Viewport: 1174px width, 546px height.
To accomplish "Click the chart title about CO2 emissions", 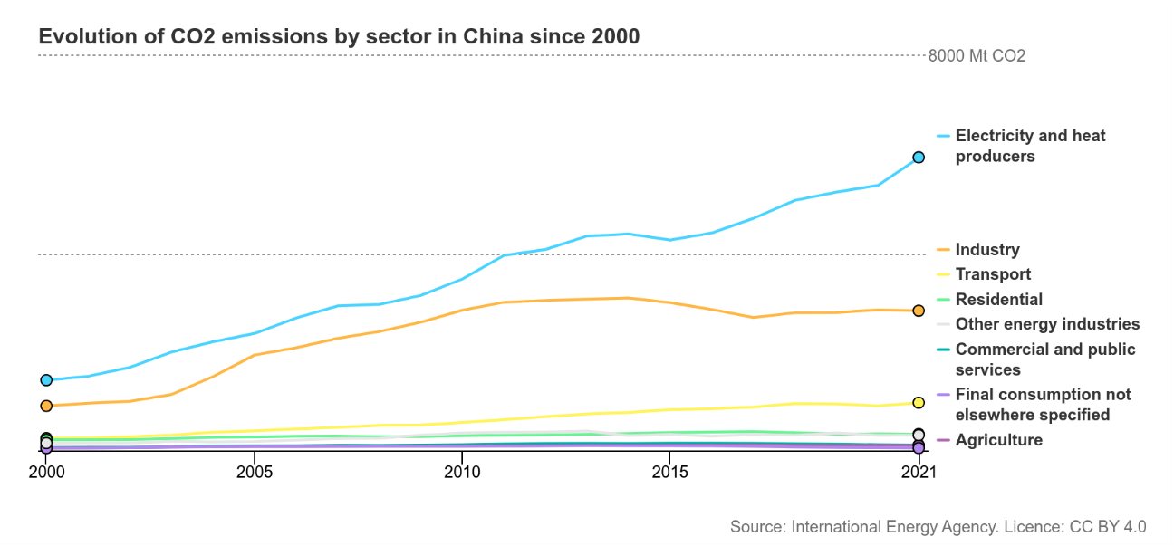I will click(x=339, y=37).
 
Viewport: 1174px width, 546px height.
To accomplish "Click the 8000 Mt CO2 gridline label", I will click(x=977, y=56).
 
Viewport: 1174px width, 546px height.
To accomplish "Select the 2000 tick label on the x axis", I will click(x=46, y=471).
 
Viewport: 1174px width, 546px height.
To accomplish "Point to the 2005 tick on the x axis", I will click(x=255, y=471).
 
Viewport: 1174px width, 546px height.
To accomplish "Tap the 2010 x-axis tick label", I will click(x=462, y=471).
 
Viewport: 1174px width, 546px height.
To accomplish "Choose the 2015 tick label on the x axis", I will click(x=669, y=471).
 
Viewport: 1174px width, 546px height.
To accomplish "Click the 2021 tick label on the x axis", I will click(x=919, y=471).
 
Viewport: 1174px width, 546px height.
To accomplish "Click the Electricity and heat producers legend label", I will click(x=1030, y=146).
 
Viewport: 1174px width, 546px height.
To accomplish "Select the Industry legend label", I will click(x=987, y=250).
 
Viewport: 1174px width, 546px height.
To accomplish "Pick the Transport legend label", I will click(x=993, y=274).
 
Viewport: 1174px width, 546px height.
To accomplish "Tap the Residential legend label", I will click(x=999, y=300).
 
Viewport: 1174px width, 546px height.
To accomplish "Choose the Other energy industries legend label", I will click(x=1047, y=324).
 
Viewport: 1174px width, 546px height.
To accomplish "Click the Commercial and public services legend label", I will click(x=1044, y=359).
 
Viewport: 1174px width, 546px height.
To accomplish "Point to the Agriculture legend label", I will click(x=999, y=440).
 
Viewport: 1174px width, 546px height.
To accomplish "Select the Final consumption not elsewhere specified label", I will click(x=1043, y=405).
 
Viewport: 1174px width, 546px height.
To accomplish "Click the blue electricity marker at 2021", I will click(x=919, y=158).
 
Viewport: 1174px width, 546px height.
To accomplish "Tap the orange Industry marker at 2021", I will click(x=919, y=311).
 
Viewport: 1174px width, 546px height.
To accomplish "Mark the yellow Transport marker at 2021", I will click(x=919, y=402).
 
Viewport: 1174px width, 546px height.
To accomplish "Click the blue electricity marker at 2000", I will click(x=46, y=380).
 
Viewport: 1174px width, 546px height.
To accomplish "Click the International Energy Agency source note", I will click(x=938, y=527).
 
